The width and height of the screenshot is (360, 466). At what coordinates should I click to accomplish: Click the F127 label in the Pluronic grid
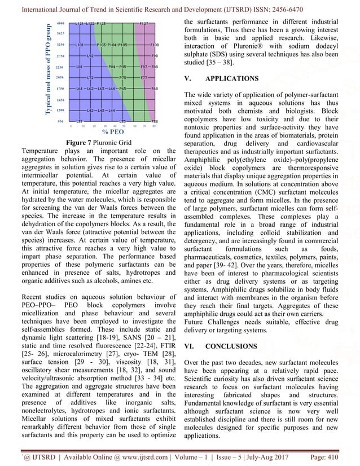pyautogui.click(x=144, y=23)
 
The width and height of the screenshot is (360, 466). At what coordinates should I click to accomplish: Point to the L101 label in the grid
pyautogui.click(x=80, y=44)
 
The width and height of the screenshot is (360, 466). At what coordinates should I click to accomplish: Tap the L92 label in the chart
pyautogui.click(x=90, y=56)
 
